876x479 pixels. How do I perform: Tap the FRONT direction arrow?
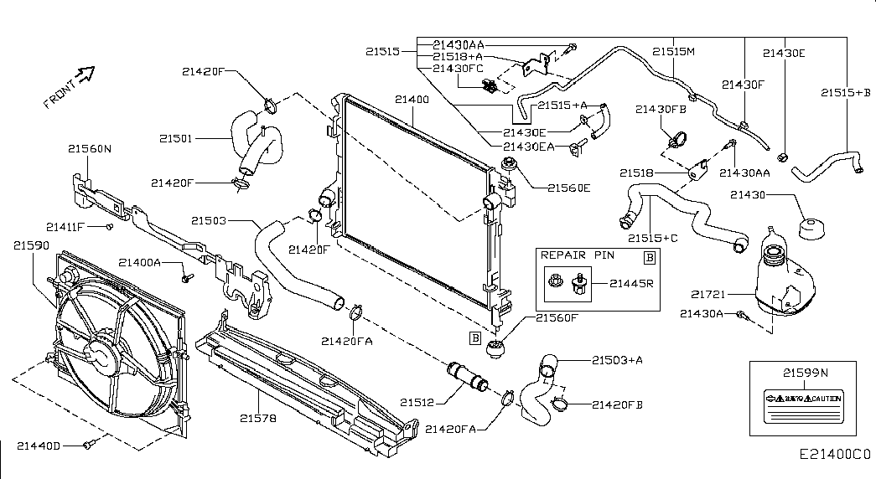tap(84, 80)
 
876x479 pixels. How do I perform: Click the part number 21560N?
tap(91, 149)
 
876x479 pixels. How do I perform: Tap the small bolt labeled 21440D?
tap(89, 445)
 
